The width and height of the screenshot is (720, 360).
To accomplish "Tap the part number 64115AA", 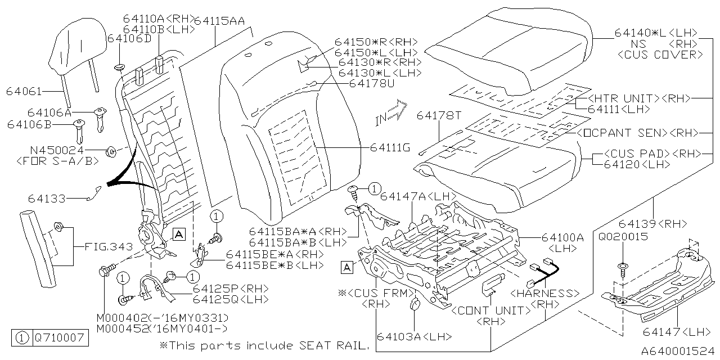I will (219, 21).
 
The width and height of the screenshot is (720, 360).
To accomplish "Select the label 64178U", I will (372, 83).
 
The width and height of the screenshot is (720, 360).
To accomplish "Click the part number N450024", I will (57, 151).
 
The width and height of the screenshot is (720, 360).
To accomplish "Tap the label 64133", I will (47, 199).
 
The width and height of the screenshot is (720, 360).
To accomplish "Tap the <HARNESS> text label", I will (544, 293).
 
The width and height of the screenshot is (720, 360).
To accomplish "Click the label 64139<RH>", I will (658, 224).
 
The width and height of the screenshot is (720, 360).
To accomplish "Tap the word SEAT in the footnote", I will (313, 345).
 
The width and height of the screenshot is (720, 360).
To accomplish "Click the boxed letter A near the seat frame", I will (348, 267).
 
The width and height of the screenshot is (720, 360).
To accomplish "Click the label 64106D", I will (129, 38).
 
